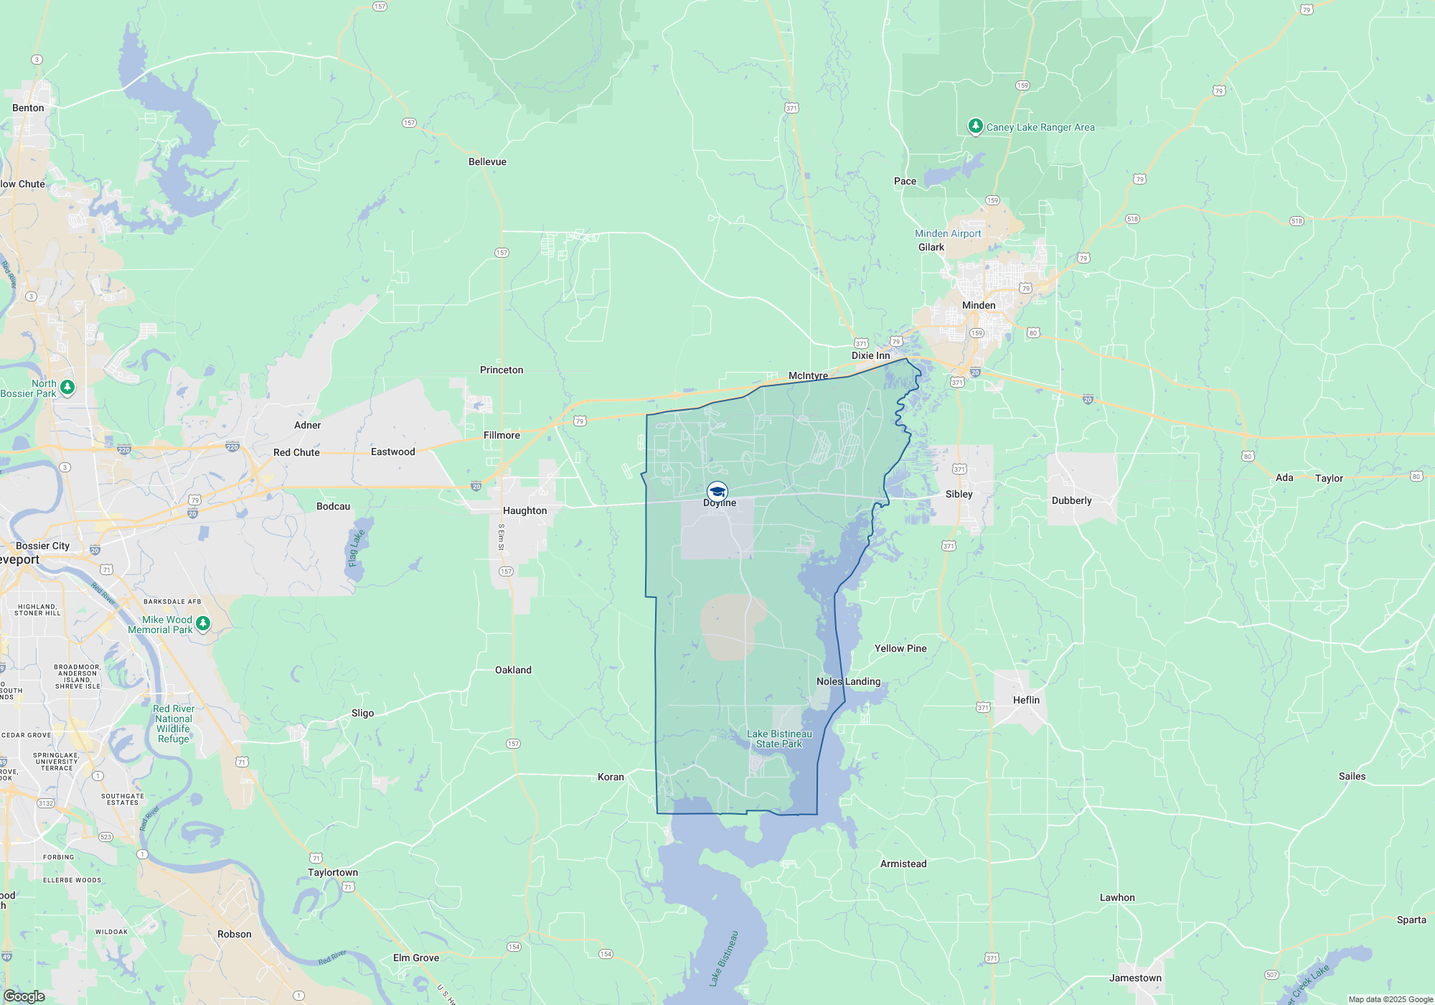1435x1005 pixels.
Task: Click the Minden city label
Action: pos(979,305)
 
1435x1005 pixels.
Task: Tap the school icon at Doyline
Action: pos(717,492)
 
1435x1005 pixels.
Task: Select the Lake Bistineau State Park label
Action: pos(779,739)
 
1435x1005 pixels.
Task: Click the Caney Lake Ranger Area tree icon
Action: pos(975,126)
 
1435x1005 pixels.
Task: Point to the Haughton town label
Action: pos(524,510)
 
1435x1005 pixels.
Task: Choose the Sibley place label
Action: pos(959,494)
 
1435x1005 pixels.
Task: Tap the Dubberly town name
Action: pos(1071,500)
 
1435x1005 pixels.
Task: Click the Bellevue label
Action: pos(487,162)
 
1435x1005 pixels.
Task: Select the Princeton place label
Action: pos(502,370)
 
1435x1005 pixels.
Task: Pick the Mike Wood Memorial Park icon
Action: pos(203,623)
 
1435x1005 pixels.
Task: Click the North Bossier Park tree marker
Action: pos(67,387)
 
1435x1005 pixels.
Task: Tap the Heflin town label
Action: pos(1026,700)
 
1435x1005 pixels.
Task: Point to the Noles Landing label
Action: pos(848,681)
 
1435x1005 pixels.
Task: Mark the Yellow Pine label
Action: pos(900,648)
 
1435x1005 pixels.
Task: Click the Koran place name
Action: pos(611,777)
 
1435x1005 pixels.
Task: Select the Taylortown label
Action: pos(333,872)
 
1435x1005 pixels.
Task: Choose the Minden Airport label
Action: pos(948,233)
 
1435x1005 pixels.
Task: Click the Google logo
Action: pos(24,996)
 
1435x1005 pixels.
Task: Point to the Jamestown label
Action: pos(1135,978)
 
